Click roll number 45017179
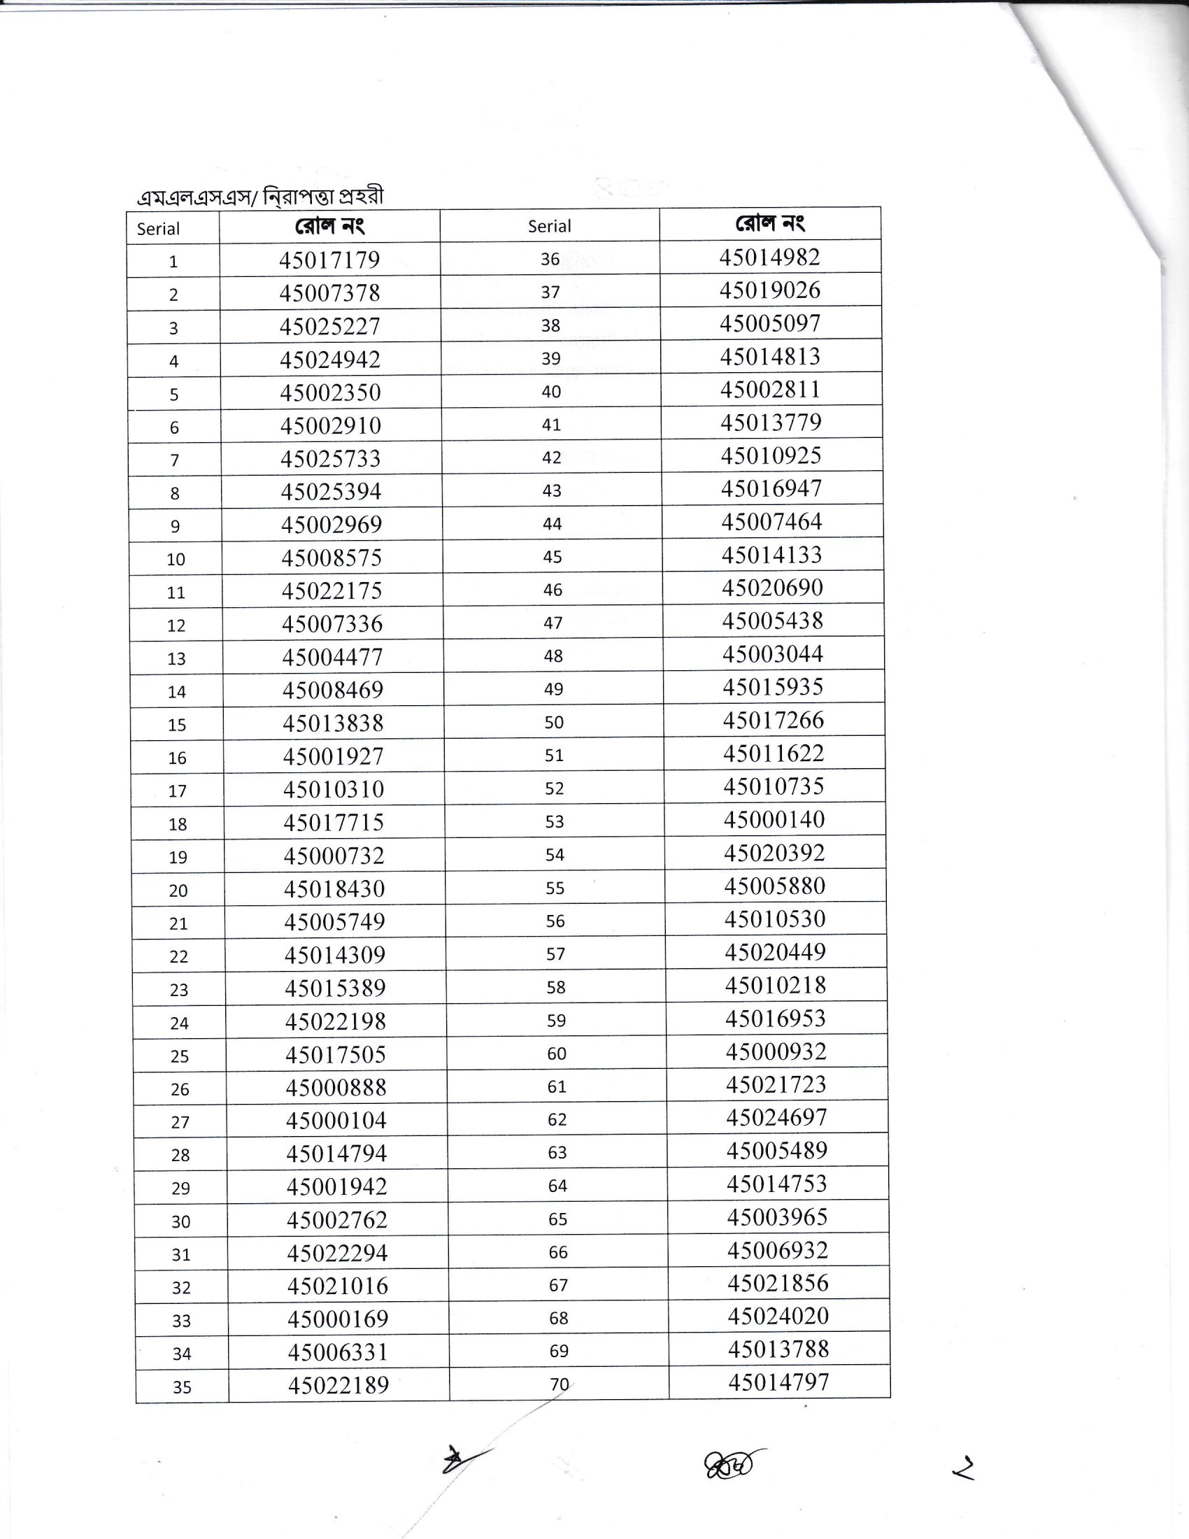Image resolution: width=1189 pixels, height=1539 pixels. tap(329, 260)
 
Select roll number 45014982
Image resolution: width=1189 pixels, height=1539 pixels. tap(769, 257)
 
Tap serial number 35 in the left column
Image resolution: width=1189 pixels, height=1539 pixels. tap(182, 1386)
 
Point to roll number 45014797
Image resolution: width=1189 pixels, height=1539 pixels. tap(778, 1382)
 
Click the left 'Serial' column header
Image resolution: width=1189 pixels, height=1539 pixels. tap(159, 228)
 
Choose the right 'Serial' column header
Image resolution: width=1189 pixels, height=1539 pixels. tap(550, 226)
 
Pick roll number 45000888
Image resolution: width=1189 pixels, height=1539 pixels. tap(336, 1087)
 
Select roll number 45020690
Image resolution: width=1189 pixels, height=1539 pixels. tap(772, 588)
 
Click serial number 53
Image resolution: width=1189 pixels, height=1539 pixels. tap(555, 822)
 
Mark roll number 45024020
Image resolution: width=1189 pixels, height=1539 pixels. tap(778, 1316)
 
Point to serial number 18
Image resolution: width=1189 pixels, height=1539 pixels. tap(178, 825)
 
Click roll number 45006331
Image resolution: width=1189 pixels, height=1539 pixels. tap(337, 1352)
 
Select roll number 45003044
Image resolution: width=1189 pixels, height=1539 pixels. tap(773, 654)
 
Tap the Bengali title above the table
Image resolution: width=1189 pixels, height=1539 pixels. tap(261, 197)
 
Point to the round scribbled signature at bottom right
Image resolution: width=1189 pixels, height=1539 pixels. tap(731, 1464)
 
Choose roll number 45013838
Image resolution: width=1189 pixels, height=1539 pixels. tap(333, 723)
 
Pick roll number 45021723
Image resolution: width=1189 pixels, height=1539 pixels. tap(776, 1084)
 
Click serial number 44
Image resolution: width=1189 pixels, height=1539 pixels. tap(553, 523)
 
